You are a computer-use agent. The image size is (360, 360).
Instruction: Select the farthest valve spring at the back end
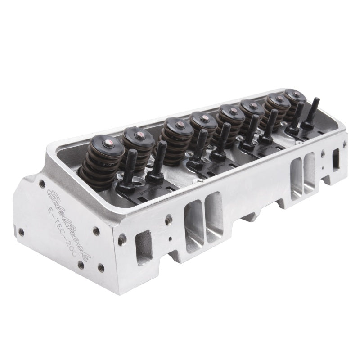point(293,102)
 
